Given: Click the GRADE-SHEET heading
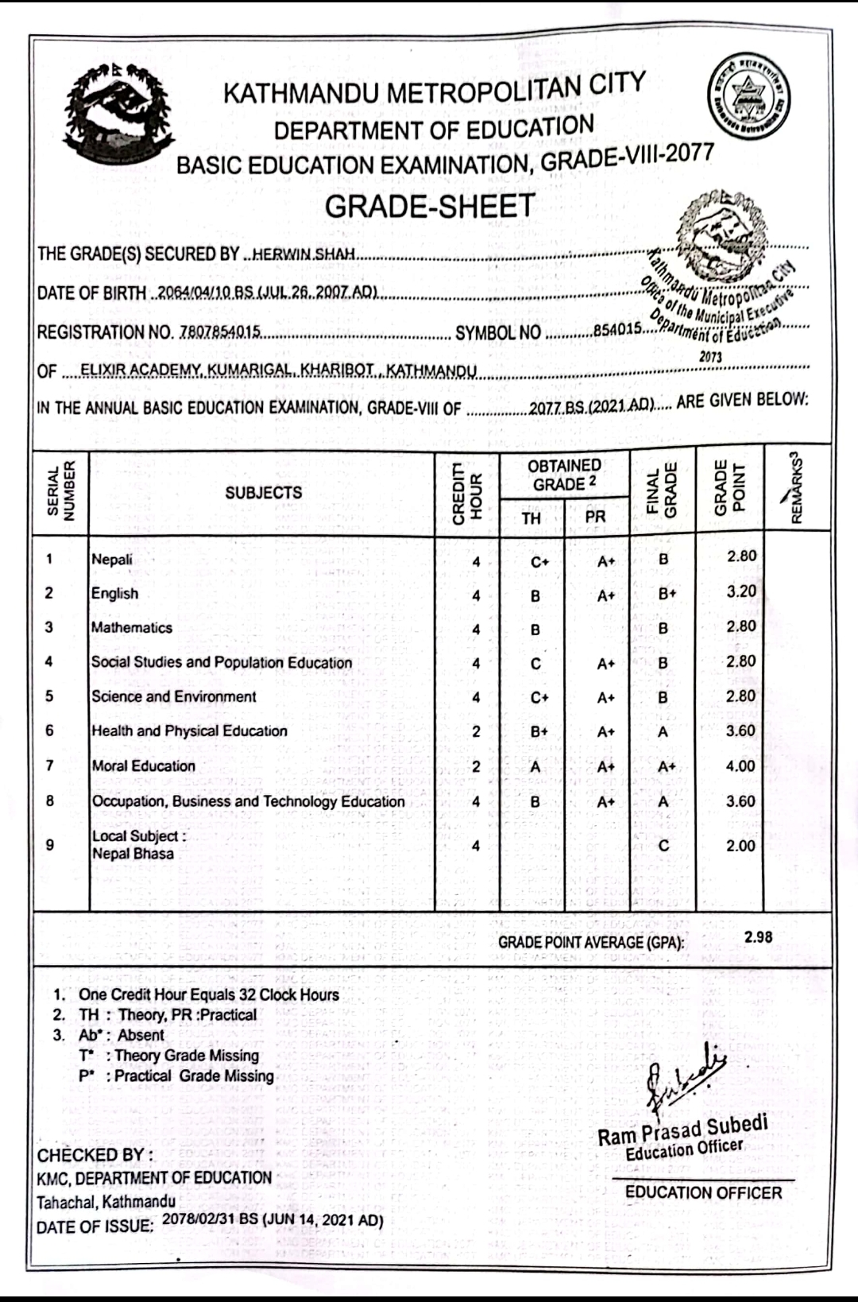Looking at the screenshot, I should pyautogui.click(x=430, y=207).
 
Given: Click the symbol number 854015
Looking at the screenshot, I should pyautogui.click(x=616, y=330).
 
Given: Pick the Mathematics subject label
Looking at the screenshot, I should pyautogui.click(x=132, y=628).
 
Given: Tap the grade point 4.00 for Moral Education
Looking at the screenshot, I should pyautogui.click(x=740, y=766).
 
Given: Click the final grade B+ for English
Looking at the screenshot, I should pyautogui.click(x=667, y=595).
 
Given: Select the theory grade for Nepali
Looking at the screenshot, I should pyautogui.click(x=539, y=562).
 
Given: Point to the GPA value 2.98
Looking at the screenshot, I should pyautogui.click(x=758, y=937).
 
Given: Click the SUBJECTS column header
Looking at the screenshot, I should pyautogui.click(x=263, y=493).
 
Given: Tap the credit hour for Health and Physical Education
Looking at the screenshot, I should pyautogui.click(x=476, y=732).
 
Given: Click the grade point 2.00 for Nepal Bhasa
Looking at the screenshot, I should pyautogui.click(x=740, y=846).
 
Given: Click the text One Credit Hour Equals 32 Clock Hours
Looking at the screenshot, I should pyautogui.click(x=208, y=994).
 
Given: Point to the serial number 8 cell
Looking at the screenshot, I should pyautogui.click(x=49, y=801).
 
